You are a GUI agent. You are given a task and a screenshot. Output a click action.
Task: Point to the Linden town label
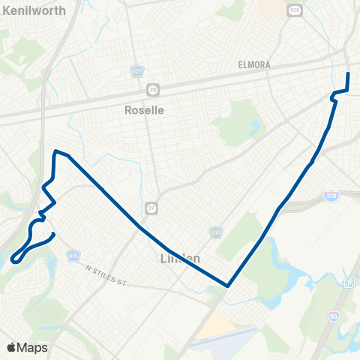click(x=180, y=259)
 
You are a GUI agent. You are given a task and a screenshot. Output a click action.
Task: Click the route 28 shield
click(x=153, y=88)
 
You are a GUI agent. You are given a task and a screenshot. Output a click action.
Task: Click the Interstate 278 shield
click(x=331, y=196)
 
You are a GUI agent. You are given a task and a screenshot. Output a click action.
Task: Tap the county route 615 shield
click(x=73, y=256)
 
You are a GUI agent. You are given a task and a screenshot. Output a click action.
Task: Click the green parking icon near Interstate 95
click(x=349, y=282)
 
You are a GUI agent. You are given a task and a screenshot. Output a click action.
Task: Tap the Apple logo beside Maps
click(x=11, y=347)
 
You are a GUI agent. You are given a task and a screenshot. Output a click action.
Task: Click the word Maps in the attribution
click(x=32, y=347)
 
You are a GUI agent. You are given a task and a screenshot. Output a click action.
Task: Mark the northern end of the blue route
click(x=348, y=73)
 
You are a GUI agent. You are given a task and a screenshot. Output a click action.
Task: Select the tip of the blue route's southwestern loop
click(x=14, y=261)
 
